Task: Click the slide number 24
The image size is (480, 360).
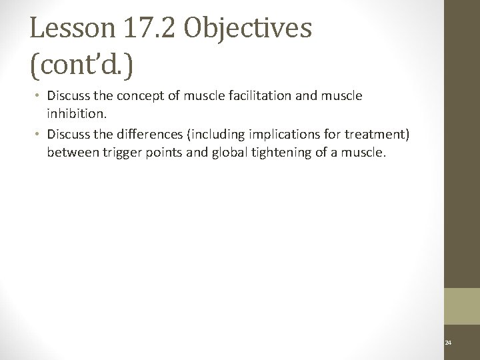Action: tap(447, 343)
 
